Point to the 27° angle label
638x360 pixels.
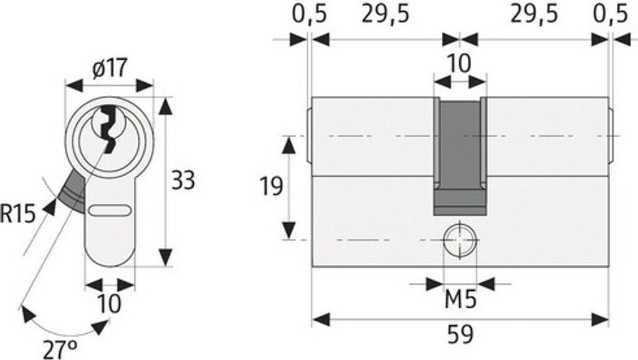click(60, 348)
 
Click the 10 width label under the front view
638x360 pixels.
click(110, 304)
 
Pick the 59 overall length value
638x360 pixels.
click(460, 336)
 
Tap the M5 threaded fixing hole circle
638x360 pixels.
click(460, 239)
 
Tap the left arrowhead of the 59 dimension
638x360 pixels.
click(320, 320)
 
